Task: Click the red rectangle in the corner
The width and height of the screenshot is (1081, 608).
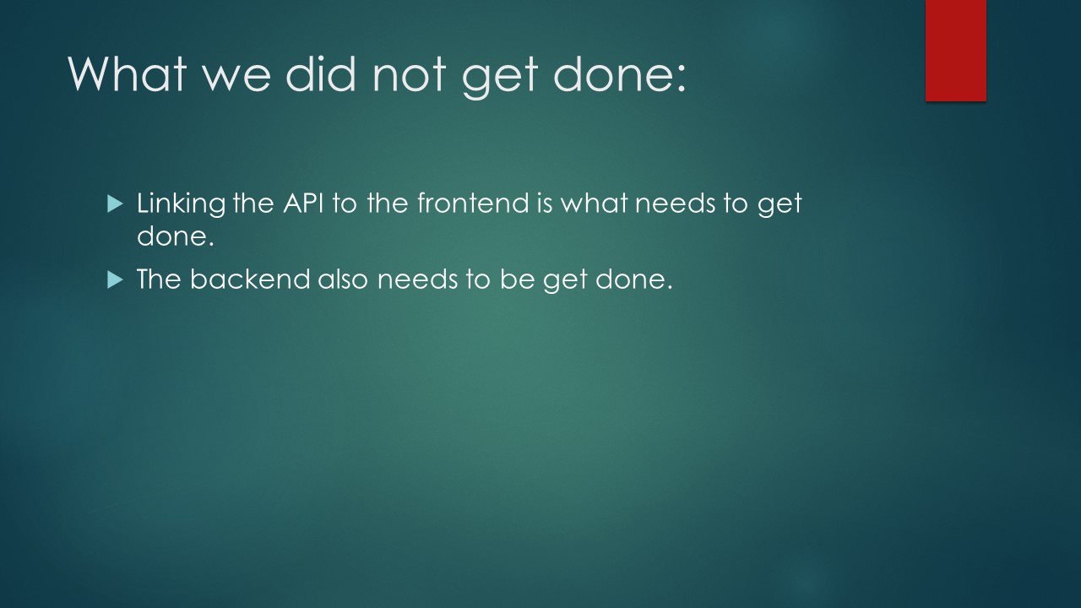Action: point(955,50)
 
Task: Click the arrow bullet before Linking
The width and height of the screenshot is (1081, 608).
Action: point(115,204)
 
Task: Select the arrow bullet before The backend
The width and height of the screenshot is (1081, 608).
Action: point(115,280)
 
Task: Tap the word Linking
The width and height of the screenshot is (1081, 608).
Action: point(182,204)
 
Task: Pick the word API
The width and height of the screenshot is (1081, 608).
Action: point(303,204)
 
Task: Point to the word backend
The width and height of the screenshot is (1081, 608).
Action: point(250,279)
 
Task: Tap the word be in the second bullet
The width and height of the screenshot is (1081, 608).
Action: point(517,279)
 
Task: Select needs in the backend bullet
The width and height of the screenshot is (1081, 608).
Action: point(417,280)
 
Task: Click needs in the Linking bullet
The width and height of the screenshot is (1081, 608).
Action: point(675,204)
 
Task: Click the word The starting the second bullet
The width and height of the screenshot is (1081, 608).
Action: point(160,279)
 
